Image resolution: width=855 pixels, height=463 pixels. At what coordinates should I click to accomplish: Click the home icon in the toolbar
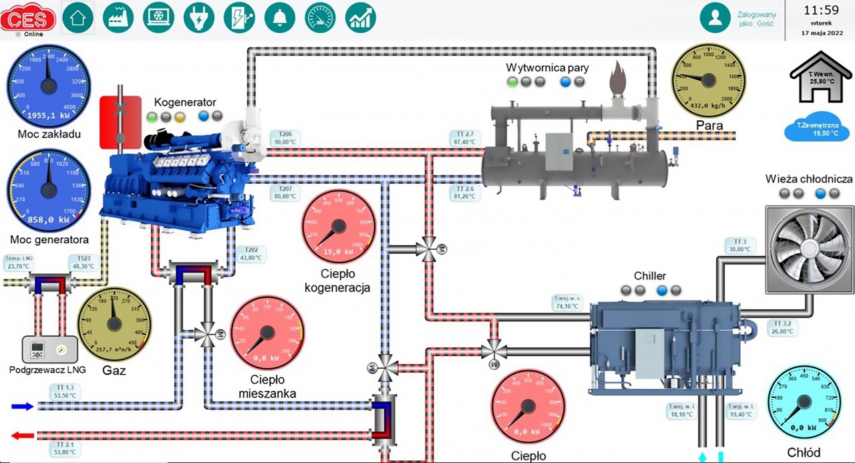point(78,18)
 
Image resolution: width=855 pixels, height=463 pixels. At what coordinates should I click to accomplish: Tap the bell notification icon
point(280,18)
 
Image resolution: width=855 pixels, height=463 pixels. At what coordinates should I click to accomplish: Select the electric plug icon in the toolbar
point(199,18)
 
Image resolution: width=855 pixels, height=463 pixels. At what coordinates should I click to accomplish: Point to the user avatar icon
point(715,18)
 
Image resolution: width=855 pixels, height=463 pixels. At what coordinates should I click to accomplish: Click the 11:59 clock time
point(821,11)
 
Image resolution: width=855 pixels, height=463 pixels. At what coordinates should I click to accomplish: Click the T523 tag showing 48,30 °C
point(83,262)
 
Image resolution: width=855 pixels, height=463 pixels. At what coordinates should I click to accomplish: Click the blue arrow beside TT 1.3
point(23,406)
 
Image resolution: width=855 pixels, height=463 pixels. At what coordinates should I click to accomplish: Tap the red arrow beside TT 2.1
point(23,435)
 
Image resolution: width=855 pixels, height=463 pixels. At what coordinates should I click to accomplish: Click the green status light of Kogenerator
point(152,116)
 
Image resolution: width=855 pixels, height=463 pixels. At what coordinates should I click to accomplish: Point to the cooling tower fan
point(800,241)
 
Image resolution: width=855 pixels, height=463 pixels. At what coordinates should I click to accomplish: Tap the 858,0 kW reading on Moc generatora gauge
point(48,218)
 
